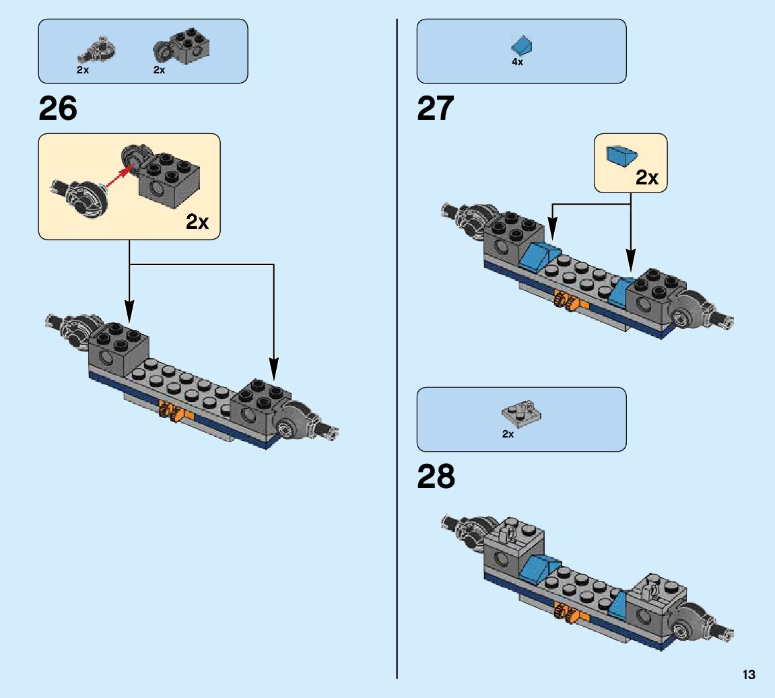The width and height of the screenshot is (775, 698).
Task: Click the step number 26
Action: (x=58, y=108)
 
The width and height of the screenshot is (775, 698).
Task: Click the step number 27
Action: (x=436, y=108)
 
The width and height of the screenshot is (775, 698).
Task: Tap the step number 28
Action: (x=436, y=477)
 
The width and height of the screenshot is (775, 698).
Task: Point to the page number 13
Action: (x=749, y=675)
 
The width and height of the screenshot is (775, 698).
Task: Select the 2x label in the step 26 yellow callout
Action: (x=197, y=222)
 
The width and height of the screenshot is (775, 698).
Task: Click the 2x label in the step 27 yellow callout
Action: (x=646, y=178)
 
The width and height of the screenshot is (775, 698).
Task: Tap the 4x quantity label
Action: (x=517, y=62)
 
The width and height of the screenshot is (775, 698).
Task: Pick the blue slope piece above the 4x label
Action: (x=521, y=46)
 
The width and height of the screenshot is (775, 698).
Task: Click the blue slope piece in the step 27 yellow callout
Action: (x=621, y=155)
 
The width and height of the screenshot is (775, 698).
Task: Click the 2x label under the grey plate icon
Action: (x=508, y=434)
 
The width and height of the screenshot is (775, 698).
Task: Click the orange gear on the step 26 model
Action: (x=169, y=410)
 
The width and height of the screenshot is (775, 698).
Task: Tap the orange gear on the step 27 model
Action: (x=565, y=301)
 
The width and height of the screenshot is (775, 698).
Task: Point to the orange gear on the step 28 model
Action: (x=564, y=610)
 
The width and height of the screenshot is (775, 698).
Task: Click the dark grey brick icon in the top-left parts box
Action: (x=189, y=45)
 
